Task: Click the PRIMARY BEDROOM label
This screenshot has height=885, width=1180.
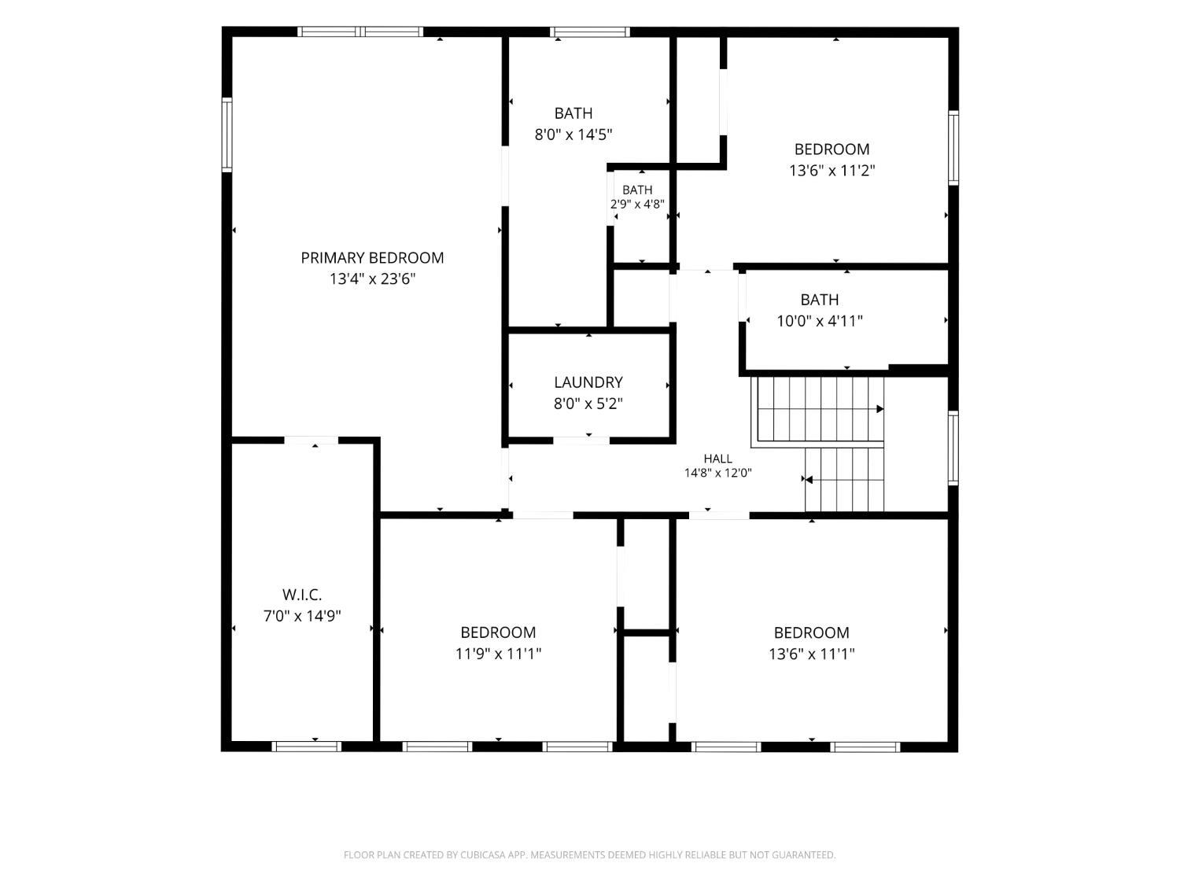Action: (x=372, y=258)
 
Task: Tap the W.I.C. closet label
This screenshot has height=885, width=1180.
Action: (x=302, y=594)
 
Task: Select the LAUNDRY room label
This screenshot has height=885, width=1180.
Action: (x=588, y=382)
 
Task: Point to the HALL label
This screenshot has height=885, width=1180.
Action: (x=717, y=459)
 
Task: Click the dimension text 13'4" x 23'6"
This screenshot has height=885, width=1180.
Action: (x=373, y=279)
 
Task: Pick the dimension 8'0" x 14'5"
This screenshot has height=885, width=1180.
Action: (x=573, y=135)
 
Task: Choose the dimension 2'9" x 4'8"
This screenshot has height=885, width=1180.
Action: (x=637, y=205)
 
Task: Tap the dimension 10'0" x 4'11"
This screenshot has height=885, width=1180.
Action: (x=819, y=321)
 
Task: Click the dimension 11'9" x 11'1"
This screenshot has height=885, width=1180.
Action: (x=498, y=654)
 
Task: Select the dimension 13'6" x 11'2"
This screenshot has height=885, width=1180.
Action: (x=832, y=171)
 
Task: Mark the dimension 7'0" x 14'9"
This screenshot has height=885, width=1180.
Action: (x=302, y=615)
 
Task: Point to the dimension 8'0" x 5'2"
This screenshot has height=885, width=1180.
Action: (x=588, y=403)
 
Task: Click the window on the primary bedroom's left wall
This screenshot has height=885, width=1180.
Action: (x=227, y=135)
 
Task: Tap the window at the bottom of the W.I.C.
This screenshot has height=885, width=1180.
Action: (x=307, y=747)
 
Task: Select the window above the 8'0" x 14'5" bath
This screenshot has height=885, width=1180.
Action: (x=590, y=31)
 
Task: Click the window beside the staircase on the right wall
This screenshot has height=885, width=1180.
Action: (x=953, y=448)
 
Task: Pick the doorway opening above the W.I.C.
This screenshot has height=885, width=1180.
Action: (x=312, y=441)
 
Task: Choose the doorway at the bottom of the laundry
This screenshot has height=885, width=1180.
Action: (x=581, y=441)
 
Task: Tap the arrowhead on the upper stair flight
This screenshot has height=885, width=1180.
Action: (x=880, y=409)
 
